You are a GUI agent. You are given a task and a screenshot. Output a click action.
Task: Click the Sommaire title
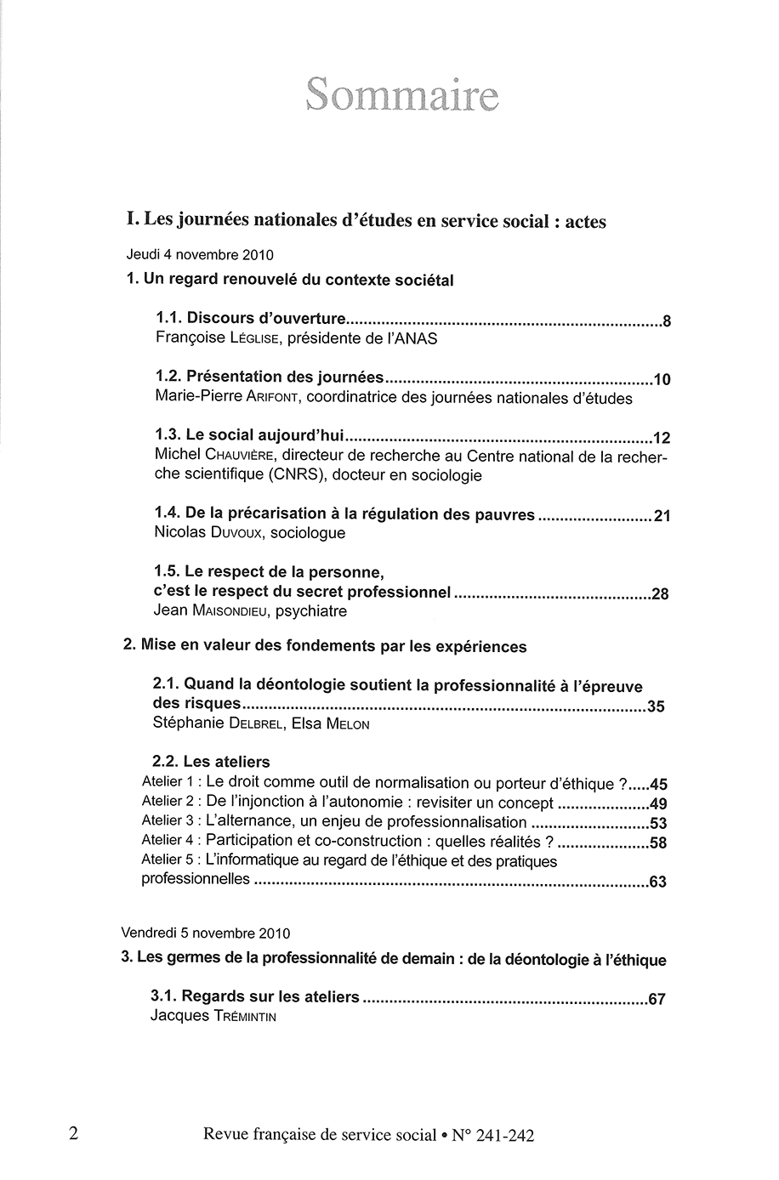coord(402,96)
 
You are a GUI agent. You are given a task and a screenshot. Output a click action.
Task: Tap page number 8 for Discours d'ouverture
coord(667,322)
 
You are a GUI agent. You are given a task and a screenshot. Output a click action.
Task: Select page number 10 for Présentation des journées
coord(662,380)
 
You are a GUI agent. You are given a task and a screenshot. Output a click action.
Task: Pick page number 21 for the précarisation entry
coord(662,516)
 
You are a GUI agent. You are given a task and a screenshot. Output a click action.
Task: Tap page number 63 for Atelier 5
coord(657,882)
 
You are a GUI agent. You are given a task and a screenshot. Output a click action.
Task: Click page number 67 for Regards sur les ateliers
coord(656,1000)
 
